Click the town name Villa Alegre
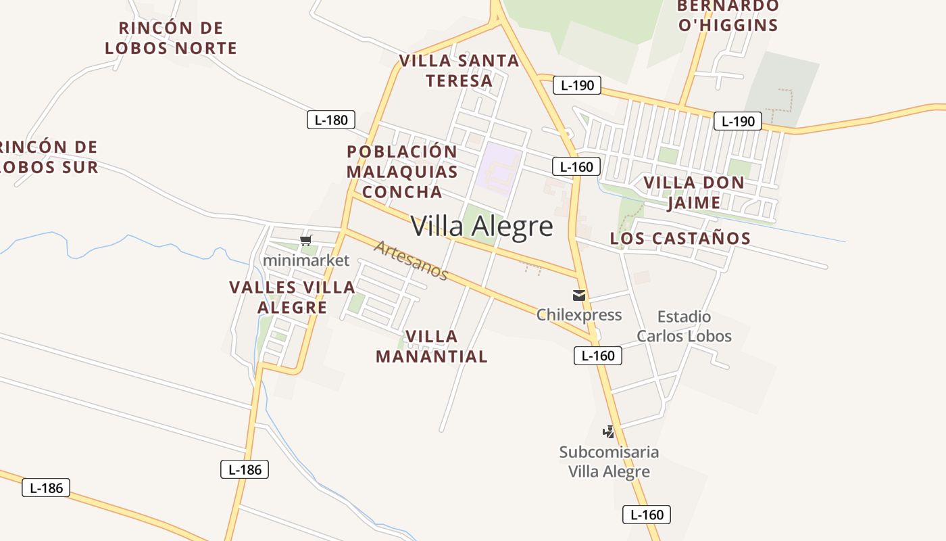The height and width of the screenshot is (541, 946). (x=482, y=226)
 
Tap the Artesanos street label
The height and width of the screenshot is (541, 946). (x=411, y=260)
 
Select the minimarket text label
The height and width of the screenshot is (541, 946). (x=306, y=260)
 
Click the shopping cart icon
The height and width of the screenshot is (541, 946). (x=306, y=240)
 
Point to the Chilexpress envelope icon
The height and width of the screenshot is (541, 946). (x=579, y=296)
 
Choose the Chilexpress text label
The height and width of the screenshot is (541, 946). (x=579, y=314)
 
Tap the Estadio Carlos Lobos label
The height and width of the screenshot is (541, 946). (x=684, y=326)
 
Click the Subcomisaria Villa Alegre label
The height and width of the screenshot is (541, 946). (x=609, y=461)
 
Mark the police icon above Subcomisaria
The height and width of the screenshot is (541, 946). (x=609, y=431)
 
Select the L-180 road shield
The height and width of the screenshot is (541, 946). (x=331, y=120)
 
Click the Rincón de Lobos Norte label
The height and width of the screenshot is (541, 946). (x=171, y=38)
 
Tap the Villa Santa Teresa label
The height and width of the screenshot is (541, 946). (x=459, y=70)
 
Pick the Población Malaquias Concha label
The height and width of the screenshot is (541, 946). (x=402, y=172)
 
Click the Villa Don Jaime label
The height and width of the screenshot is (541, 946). (x=694, y=192)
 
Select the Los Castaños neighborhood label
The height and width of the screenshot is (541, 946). (x=680, y=238)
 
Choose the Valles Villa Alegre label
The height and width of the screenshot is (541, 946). (x=292, y=297)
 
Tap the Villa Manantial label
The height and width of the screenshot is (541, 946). (x=431, y=346)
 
